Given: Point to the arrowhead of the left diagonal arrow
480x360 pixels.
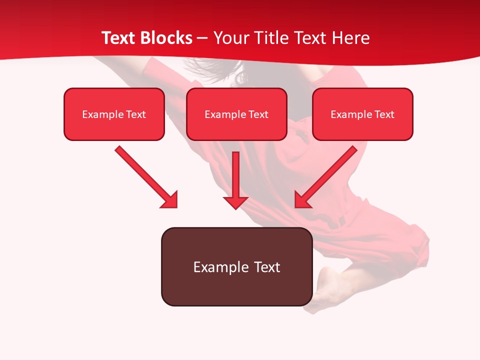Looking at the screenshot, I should tap(170, 200).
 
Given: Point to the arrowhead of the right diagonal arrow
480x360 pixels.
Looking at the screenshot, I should tap(301, 200).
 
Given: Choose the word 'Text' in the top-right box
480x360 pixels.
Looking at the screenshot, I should tap(384, 114).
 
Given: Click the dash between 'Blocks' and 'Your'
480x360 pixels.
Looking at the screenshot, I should tap(202, 38).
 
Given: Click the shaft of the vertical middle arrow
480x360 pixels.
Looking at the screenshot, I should tap(235, 172).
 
